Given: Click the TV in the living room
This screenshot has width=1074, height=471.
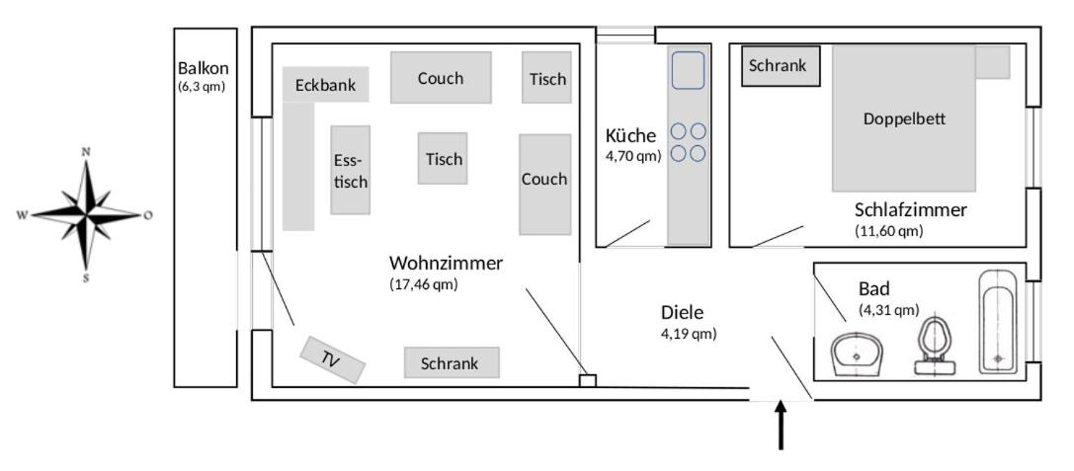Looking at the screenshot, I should point(333,360).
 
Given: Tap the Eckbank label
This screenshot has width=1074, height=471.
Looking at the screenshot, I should point(325,86).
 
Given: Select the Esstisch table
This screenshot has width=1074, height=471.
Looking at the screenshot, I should point(350,170).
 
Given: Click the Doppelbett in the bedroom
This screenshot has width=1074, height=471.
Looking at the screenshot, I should point(904,118).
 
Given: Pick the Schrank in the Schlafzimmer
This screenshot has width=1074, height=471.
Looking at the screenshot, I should point(781,66).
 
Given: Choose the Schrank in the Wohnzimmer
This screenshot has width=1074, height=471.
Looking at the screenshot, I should point(451,363).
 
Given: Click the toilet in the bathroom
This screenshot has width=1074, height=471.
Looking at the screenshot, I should point(934,347).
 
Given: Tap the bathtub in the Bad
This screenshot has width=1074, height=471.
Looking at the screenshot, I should point(998,322).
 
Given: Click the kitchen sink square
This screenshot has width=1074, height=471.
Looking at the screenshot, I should point(688,69).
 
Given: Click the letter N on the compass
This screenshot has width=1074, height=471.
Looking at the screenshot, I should point(86,151).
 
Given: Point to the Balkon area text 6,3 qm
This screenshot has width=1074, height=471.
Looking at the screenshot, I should point(203,87).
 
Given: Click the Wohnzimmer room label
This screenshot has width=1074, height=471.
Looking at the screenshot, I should point(446,264).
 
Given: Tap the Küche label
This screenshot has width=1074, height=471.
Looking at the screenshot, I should point(630,135).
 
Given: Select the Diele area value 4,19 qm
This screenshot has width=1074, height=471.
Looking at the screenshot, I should point(689,334).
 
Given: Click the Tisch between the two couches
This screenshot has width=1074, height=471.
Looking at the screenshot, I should point(444,159).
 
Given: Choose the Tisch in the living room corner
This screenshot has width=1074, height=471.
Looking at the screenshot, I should point(547,78).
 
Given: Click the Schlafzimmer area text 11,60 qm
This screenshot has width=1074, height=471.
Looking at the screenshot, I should point(888,231).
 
